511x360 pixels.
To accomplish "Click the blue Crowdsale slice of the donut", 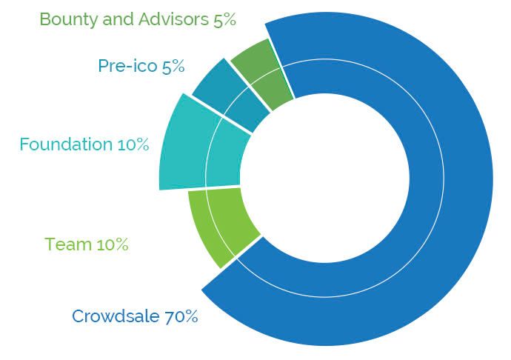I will click(x=444, y=185).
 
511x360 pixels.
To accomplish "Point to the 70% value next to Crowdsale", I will click(x=181, y=316).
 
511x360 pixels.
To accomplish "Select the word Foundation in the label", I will click(x=65, y=144).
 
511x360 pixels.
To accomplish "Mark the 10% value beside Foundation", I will click(x=133, y=144).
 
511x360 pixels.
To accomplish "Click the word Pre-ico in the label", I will click(x=127, y=66).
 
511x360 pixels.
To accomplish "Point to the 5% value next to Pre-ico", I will click(x=173, y=66).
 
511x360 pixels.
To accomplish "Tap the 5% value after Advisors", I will click(x=224, y=19).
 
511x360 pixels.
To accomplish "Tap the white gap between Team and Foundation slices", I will click(x=211, y=187).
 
